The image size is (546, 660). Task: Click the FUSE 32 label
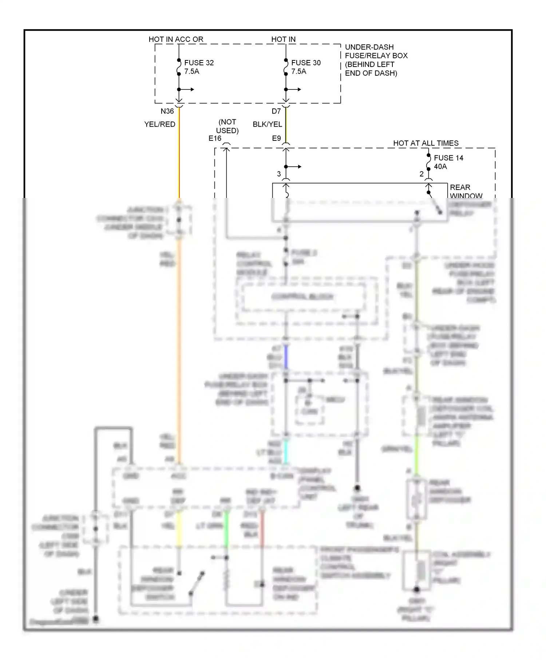(x=199, y=63)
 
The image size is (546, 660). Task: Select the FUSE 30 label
(x=306, y=63)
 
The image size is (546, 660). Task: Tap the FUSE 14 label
(x=448, y=158)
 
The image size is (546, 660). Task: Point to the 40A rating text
(x=440, y=167)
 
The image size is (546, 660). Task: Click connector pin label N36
(x=167, y=111)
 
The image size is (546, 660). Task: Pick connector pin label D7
(x=276, y=111)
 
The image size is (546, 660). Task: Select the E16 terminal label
(x=215, y=138)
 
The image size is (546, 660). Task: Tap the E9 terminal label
(x=276, y=138)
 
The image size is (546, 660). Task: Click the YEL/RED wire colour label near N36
(x=159, y=124)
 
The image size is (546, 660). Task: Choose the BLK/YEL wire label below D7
(x=267, y=124)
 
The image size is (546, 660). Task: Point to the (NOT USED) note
(x=227, y=126)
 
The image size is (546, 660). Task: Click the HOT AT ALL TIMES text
(x=426, y=143)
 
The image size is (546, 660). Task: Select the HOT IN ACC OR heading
(x=176, y=39)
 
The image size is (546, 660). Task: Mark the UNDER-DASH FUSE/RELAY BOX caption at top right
(x=376, y=60)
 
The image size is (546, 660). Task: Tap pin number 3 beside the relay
(x=279, y=174)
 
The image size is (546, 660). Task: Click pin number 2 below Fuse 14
(x=421, y=174)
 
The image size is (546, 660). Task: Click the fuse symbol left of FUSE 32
(x=179, y=67)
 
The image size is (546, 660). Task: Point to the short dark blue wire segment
(x=286, y=357)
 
